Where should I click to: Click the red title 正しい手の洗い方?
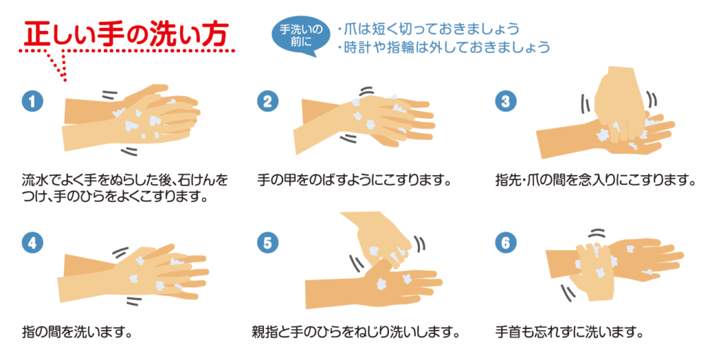(126, 33)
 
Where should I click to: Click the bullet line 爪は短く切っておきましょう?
(429, 29)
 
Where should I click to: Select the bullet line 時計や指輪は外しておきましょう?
(443, 47)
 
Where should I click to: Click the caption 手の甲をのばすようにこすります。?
(354, 179)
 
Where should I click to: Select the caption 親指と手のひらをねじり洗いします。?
(357, 332)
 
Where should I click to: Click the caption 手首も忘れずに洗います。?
(568, 332)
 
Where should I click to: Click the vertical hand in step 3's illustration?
(620, 104)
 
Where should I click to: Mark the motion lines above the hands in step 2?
(366, 91)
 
